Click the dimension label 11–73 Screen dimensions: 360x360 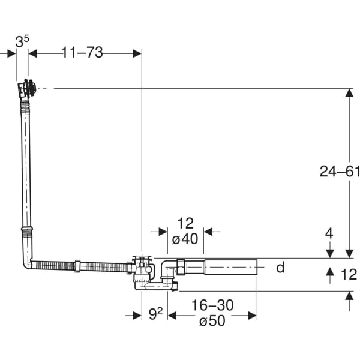(82, 53)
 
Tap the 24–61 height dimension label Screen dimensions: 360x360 (340, 172)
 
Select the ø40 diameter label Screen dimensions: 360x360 (185, 239)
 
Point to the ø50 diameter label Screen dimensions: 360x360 (212, 321)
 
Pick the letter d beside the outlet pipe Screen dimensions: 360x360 (280, 268)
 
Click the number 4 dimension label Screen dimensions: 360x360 (329, 233)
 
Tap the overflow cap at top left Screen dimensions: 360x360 (26, 88)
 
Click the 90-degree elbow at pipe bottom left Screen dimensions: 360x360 (28, 263)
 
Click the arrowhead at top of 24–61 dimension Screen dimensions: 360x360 (349, 93)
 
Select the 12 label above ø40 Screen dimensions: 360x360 (185, 224)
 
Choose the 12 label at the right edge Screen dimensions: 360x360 (348, 274)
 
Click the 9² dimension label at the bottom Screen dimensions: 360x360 (155, 313)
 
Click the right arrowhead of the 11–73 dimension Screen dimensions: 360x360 (137, 53)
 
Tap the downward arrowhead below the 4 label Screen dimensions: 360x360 (329, 253)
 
